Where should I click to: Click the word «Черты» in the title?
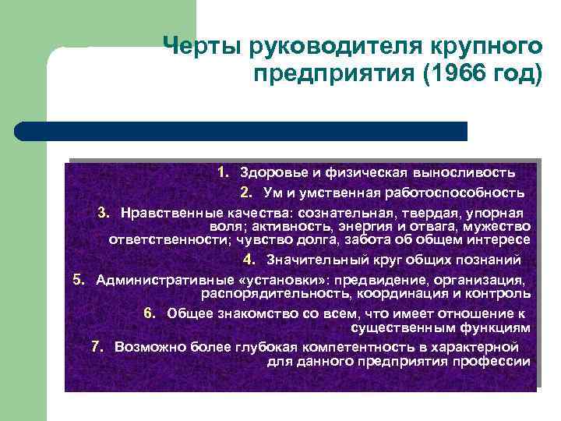click(203, 48)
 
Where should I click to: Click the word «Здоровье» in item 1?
click(269, 172)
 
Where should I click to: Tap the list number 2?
click(245, 193)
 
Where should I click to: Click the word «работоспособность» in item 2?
click(460, 193)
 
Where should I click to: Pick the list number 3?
click(103, 213)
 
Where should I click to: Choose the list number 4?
click(248, 260)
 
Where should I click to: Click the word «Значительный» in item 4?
click(309, 260)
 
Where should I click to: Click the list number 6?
click(150, 313)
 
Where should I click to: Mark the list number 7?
click(97, 347)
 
